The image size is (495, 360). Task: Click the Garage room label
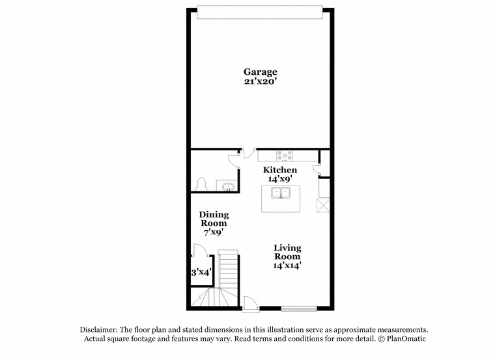pyautogui.click(x=261, y=72)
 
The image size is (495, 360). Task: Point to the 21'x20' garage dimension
pyautogui.click(x=261, y=81)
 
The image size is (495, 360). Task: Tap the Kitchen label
pyautogui.click(x=280, y=170)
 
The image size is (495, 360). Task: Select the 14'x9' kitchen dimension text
pyautogui.click(x=280, y=179)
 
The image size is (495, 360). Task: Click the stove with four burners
pyautogui.click(x=285, y=156)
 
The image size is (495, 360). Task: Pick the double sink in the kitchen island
pyautogui.click(x=281, y=193)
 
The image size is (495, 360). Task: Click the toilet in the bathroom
pyautogui.click(x=201, y=185)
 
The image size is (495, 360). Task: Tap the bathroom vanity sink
pyautogui.click(x=227, y=186)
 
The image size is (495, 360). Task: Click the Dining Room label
pyautogui.click(x=214, y=219)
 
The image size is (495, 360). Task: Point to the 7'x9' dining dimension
pyautogui.click(x=214, y=232)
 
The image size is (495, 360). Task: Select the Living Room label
pyautogui.click(x=287, y=252)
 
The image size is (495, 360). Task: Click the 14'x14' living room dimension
pyautogui.click(x=287, y=266)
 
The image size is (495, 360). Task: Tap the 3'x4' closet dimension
pyautogui.click(x=201, y=272)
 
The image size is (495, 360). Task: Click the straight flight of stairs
pyautogui.click(x=227, y=268)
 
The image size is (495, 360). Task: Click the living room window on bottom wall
pyautogui.click(x=299, y=309)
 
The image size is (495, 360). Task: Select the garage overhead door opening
pyautogui.click(x=260, y=12)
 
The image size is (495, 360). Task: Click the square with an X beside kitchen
pyautogui.click(x=323, y=206)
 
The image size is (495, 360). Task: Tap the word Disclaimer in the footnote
pyautogui.click(x=99, y=329)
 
